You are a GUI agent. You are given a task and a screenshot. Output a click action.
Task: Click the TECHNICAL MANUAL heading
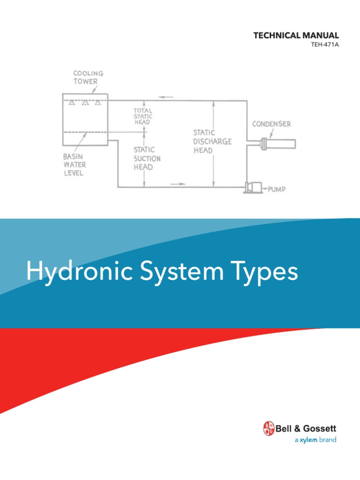pyautogui.click(x=296, y=36)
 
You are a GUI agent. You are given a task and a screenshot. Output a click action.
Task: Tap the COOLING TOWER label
pyautogui.click(x=88, y=78)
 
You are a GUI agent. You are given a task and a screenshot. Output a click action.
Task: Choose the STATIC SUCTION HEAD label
pyautogui.click(x=147, y=158)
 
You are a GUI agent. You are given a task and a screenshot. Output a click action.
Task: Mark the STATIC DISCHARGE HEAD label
pyautogui.click(x=213, y=141)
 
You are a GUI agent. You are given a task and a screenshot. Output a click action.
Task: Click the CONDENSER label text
pyautogui.click(x=271, y=124)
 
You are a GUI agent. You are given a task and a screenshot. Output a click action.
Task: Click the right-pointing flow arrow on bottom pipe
pyautogui.click(x=175, y=184)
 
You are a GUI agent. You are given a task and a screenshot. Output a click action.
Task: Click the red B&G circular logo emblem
pyautogui.click(x=269, y=428)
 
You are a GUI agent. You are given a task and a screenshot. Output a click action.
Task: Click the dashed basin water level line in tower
pyautogui.click(x=85, y=132)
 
